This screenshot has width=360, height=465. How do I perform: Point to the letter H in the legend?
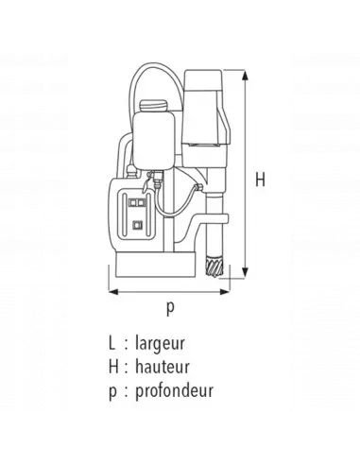113,367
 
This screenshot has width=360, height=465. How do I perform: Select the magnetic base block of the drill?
151,269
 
